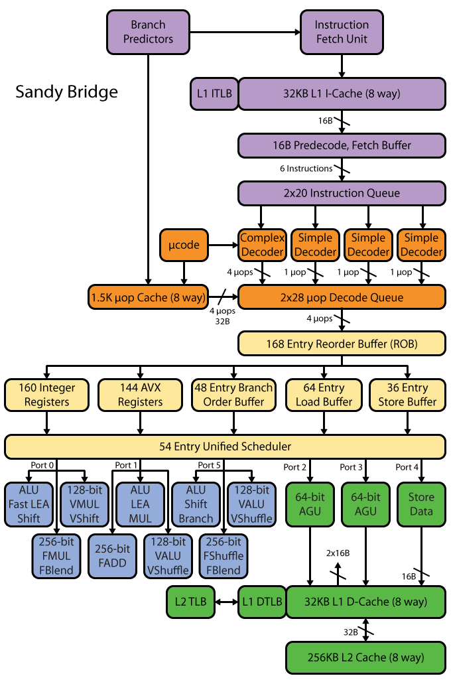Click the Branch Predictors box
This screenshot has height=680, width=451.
pyautogui.click(x=148, y=32)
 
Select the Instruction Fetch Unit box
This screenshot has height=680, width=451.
pyautogui.click(x=342, y=32)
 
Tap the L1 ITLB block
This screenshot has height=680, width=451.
pyautogui.click(x=214, y=94)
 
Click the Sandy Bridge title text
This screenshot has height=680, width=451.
pyautogui.click(x=66, y=92)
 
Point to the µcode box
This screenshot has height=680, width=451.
pyautogui.click(x=184, y=245)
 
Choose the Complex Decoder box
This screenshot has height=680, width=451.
pyautogui.click(x=263, y=245)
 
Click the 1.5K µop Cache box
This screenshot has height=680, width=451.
pyautogui.click(x=149, y=297)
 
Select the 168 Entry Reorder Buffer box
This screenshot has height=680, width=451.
pyautogui.click(x=342, y=344)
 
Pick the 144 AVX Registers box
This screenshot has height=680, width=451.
pyautogui.click(x=140, y=395)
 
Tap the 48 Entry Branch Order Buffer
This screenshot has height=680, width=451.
pyautogui.click(x=233, y=395)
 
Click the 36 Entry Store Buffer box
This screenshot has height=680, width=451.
pyautogui.click(x=407, y=395)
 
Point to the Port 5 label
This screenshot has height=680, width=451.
pyautogui.click(x=209, y=465)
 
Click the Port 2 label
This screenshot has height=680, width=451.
pyautogui.click(x=295, y=467)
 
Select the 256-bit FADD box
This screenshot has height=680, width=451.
pyautogui.click(x=112, y=556)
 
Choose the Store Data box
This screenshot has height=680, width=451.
pyautogui.click(x=421, y=504)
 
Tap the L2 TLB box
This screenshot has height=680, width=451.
pyautogui.click(x=191, y=602)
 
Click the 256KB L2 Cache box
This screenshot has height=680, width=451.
pyautogui.click(x=365, y=657)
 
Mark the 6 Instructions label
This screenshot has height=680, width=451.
pyautogui.click(x=306, y=169)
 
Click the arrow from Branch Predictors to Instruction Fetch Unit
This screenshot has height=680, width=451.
pyautogui.click(x=245, y=32)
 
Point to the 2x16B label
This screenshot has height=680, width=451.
pyautogui.click(x=338, y=553)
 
